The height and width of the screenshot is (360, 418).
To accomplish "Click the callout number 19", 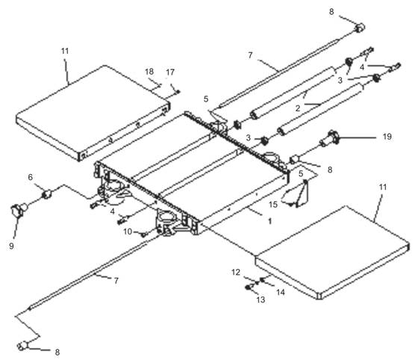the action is [x=387, y=137].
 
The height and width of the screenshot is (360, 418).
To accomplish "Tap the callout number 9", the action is [x=11, y=246].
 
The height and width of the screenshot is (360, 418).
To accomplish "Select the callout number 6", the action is [x=31, y=177].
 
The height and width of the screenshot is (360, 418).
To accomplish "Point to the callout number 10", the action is [x=128, y=232].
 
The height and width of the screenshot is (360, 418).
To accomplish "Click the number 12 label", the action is [x=236, y=273].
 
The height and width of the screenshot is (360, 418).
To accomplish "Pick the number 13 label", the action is [x=261, y=300].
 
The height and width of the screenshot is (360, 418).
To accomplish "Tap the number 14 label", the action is [x=281, y=292].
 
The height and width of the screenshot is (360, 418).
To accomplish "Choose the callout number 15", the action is [x=273, y=205].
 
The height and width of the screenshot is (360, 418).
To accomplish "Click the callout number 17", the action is [x=170, y=72].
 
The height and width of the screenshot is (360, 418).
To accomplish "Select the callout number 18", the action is [x=149, y=72].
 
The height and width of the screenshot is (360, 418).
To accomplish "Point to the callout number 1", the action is [x=269, y=221].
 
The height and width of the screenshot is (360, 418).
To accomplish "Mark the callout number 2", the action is [x=298, y=108].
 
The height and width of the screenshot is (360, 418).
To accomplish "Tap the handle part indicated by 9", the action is [x=18, y=211].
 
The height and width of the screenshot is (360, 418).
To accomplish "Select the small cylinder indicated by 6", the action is [x=46, y=194].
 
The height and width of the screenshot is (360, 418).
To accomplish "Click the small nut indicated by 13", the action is [x=248, y=288].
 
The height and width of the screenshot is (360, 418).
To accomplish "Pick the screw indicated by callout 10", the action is [x=143, y=235].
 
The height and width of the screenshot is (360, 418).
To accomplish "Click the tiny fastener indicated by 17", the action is [x=178, y=92].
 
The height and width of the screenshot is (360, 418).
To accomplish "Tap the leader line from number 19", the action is [x=357, y=138].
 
